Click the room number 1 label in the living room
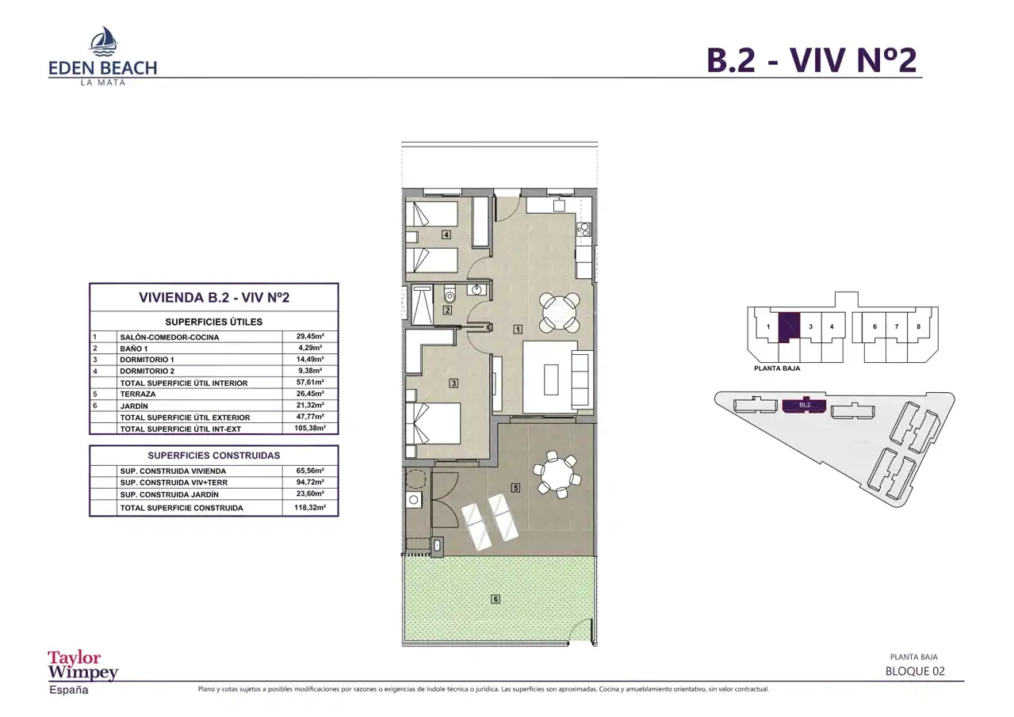click(x=518, y=330)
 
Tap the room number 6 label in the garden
click(x=496, y=599)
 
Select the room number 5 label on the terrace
click(x=515, y=488)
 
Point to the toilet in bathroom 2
click(x=449, y=294)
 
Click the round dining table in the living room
click(x=560, y=311)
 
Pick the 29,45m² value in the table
click(x=310, y=336)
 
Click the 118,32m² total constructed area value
click(x=310, y=507)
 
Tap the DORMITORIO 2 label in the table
click(x=147, y=371)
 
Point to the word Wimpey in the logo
click(x=83, y=673)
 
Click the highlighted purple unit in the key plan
click(x=789, y=326)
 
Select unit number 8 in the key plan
click(x=918, y=326)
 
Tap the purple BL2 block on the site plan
click(x=805, y=406)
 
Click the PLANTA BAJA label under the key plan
click(x=777, y=368)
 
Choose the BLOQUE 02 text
click(x=915, y=671)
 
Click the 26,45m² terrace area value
click(x=310, y=393)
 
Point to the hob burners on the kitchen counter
click(x=584, y=230)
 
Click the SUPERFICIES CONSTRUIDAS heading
click(x=214, y=456)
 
